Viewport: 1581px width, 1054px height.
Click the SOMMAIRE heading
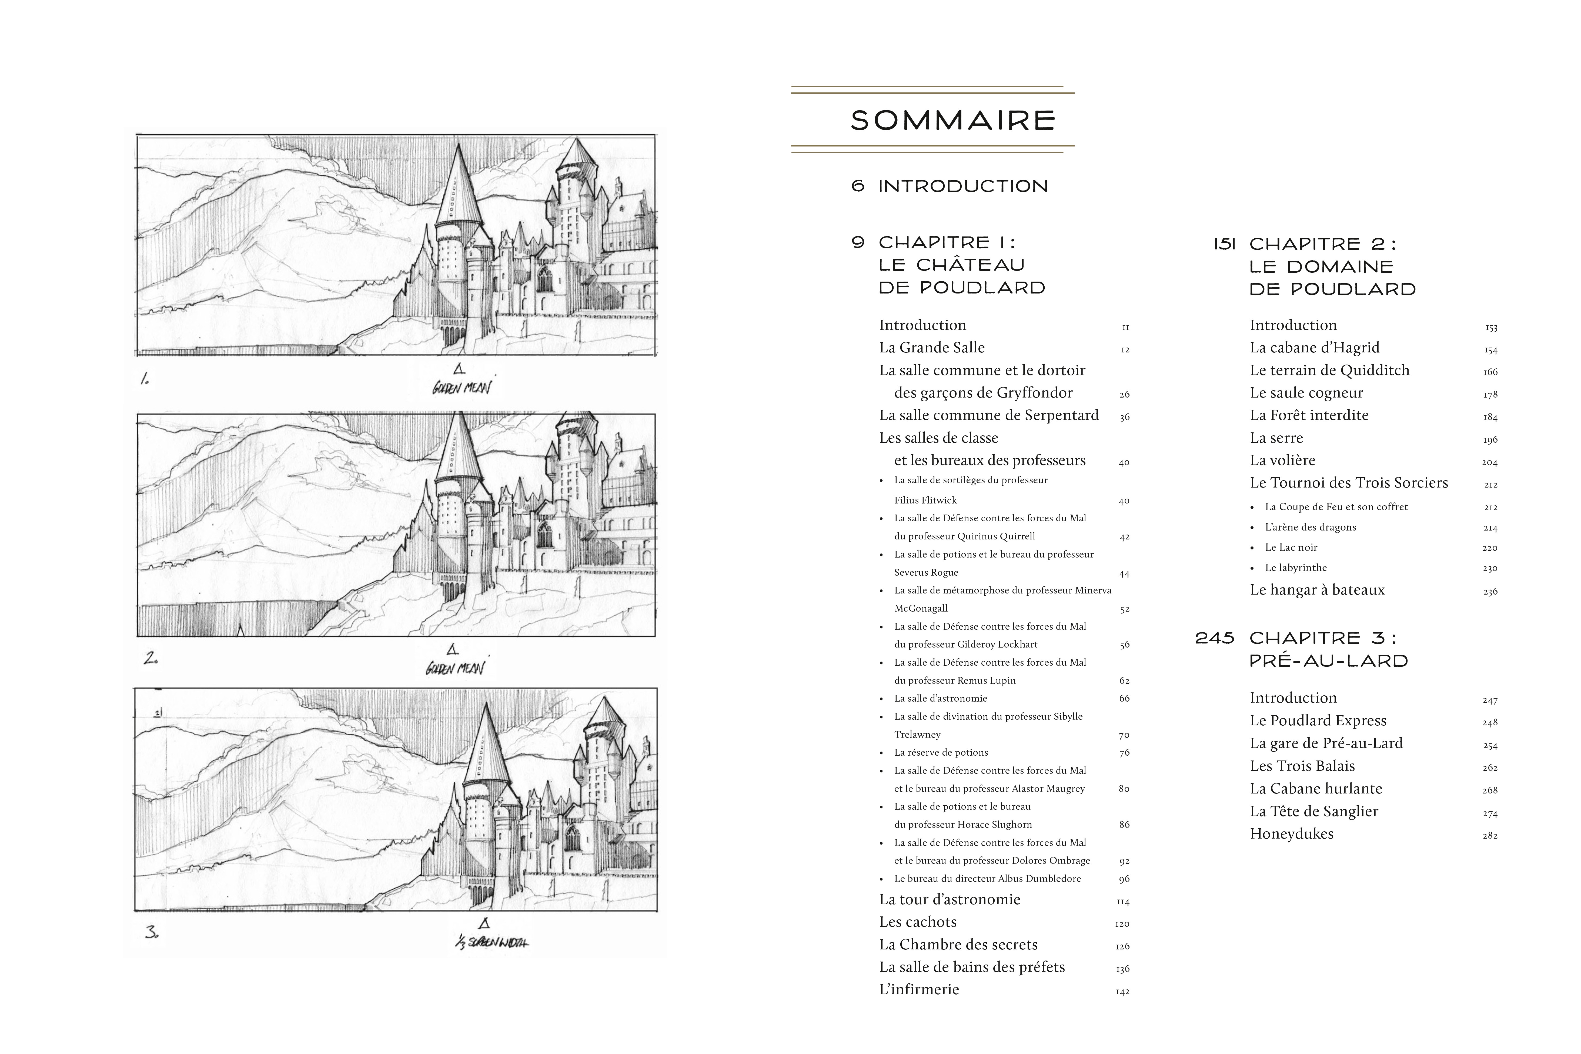coord(953,120)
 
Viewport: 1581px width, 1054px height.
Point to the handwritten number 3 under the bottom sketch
coord(151,932)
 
